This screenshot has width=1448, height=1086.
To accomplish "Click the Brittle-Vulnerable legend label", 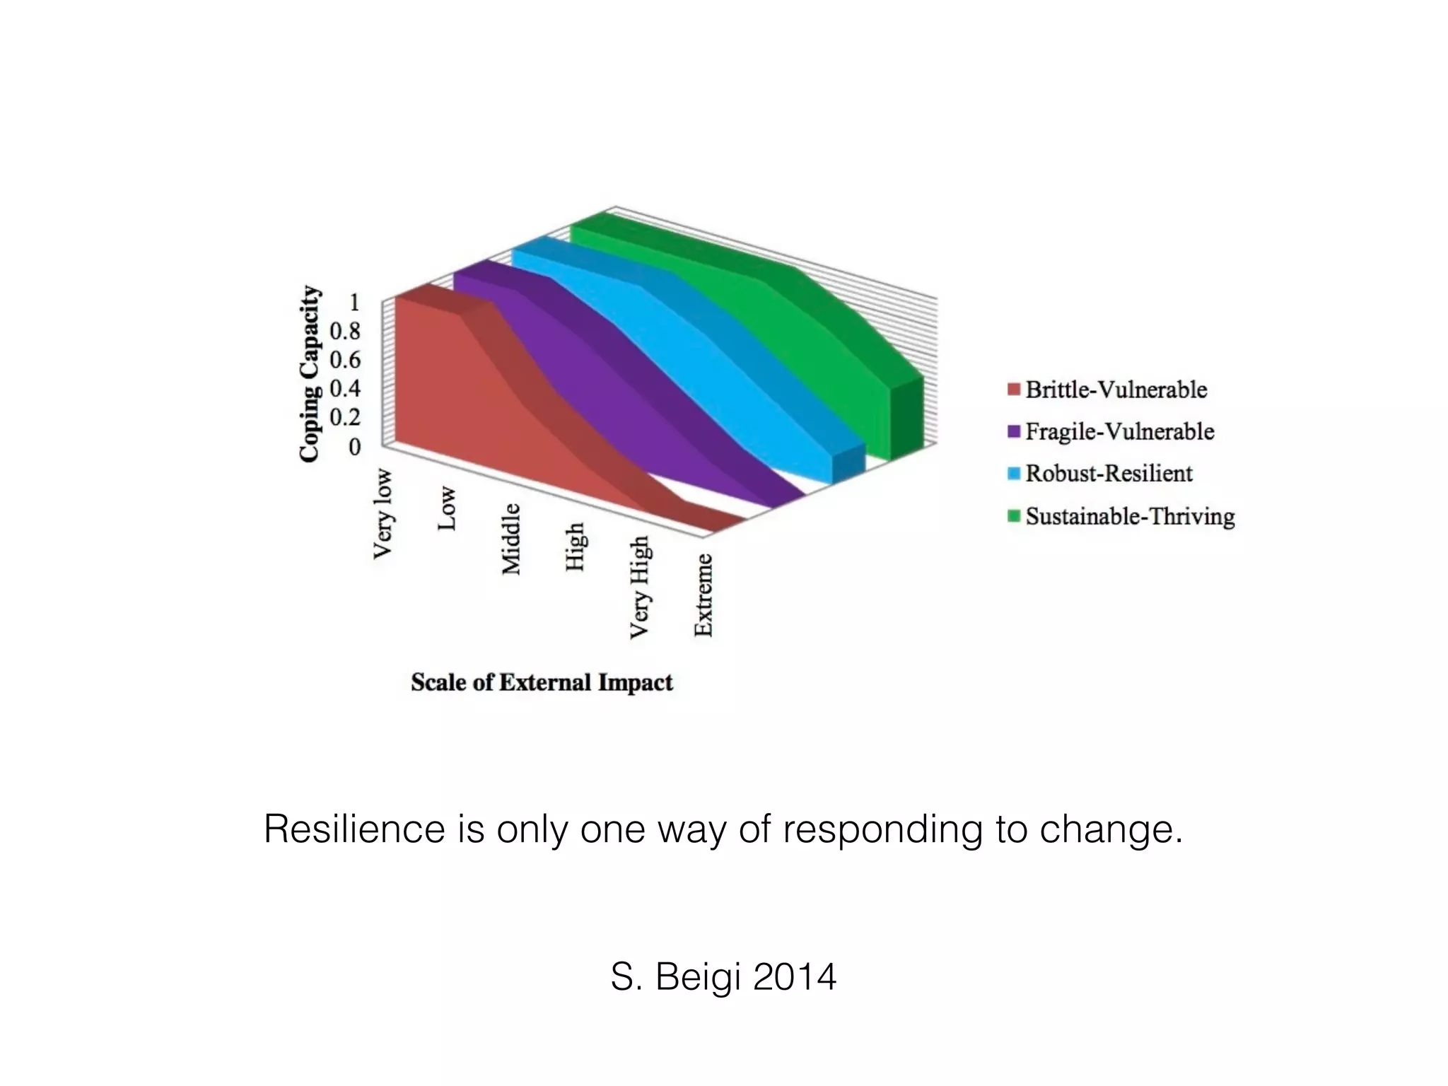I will tap(1116, 390).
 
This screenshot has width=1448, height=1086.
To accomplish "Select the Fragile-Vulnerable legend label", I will tap(1119, 431).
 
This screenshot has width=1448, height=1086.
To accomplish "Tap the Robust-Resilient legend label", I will tap(1109, 473).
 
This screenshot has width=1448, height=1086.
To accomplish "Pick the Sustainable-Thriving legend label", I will tap(1130, 516).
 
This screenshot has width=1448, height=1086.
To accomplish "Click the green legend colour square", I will tap(1014, 516).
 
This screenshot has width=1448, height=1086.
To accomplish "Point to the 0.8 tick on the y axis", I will tap(345, 331).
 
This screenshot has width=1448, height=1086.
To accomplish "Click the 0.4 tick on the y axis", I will tap(345, 388).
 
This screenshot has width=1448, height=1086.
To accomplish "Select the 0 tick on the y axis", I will tap(355, 447).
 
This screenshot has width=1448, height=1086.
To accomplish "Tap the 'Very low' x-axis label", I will tap(383, 513).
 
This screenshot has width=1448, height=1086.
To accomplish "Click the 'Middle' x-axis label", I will tap(510, 539).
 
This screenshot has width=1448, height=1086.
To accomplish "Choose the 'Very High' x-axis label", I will tap(639, 587).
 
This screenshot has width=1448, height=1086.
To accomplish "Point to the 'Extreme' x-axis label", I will tap(703, 595).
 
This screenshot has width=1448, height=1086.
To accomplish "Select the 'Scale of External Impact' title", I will tap(542, 682).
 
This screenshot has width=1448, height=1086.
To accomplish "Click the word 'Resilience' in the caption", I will tap(354, 829).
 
